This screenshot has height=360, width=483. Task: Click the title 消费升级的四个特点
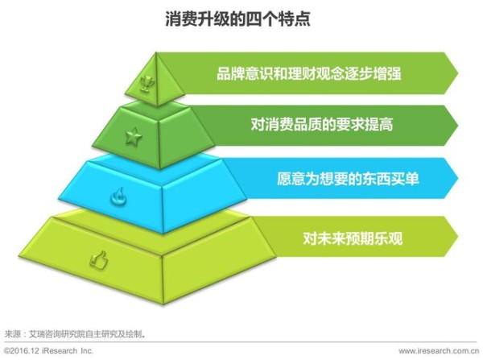(x=237, y=19)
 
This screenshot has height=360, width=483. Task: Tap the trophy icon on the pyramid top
(x=147, y=84)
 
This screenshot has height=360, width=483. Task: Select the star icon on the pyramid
(x=134, y=138)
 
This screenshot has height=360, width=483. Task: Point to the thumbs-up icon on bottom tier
(x=99, y=260)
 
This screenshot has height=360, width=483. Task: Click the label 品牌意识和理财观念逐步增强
(x=309, y=74)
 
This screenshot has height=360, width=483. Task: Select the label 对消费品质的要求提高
(x=322, y=125)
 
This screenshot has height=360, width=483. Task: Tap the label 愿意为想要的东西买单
(x=348, y=179)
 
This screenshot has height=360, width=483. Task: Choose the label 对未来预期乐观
(x=353, y=238)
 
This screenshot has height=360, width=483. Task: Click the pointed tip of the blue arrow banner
(x=458, y=178)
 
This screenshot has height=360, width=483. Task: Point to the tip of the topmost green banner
(x=458, y=73)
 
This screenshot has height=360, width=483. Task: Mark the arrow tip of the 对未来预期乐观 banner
(x=458, y=237)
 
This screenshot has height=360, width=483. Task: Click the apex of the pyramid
(x=156, y=52)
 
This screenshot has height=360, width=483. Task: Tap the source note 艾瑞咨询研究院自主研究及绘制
(x=85, y=334)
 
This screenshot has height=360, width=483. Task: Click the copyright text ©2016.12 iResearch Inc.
(x=48, y=351)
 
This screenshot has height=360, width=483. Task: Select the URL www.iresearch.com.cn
(x=439, y=351)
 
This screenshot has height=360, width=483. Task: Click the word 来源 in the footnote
(x=12, y=334)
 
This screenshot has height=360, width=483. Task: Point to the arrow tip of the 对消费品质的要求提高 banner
(x=458, y=126)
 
